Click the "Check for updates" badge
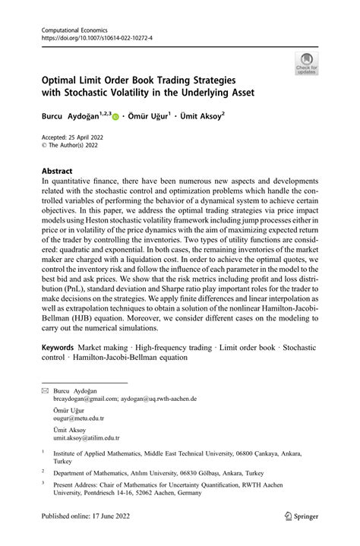pyautogui.click(x=307, y=62)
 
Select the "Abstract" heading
pyautogui.click(x=57, y=172)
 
